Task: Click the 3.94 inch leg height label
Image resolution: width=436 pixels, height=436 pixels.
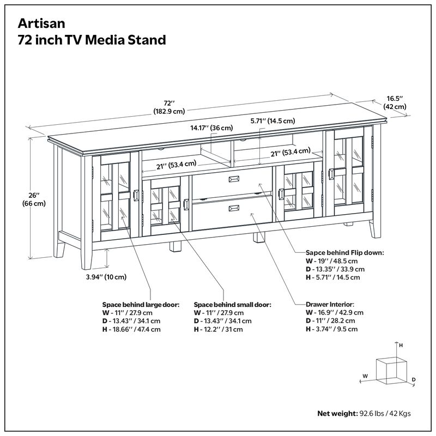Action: [106, 277]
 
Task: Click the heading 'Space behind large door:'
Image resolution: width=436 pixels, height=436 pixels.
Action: [141, 305]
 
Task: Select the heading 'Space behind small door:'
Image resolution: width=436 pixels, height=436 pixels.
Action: [232, 305]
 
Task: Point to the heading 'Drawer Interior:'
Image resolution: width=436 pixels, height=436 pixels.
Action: [330, 304]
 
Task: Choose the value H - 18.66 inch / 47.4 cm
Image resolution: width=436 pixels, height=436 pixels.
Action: [131, 330]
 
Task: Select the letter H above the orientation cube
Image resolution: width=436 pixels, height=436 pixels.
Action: [401, 346]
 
